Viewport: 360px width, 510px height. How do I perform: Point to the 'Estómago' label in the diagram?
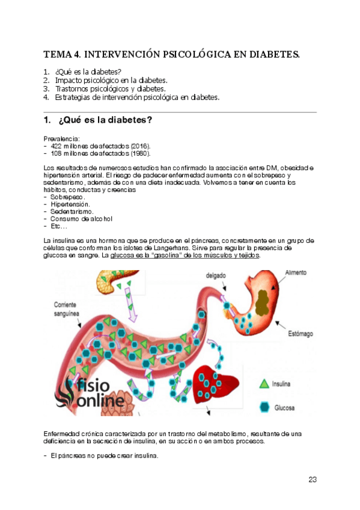[x=304, y=333]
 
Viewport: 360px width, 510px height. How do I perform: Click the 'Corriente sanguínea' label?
[x=69, y=309]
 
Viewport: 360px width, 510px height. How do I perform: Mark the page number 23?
[x=312, y=479]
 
